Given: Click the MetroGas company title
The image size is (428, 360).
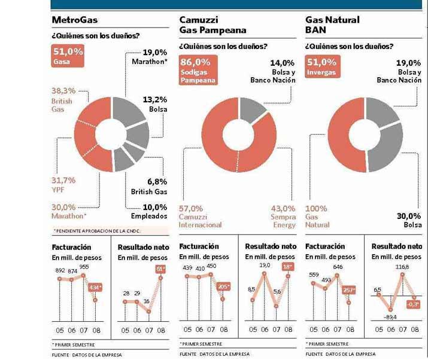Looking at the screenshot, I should [x=75, y=20].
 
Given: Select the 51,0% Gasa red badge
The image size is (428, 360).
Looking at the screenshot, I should [x=68, y=56].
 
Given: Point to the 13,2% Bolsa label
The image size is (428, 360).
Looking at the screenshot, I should [x=154, y=104].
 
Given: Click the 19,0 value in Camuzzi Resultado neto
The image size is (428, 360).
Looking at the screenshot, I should [x=265, y=264].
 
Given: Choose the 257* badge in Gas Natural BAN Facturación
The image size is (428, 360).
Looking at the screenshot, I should [x=348, y=289].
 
